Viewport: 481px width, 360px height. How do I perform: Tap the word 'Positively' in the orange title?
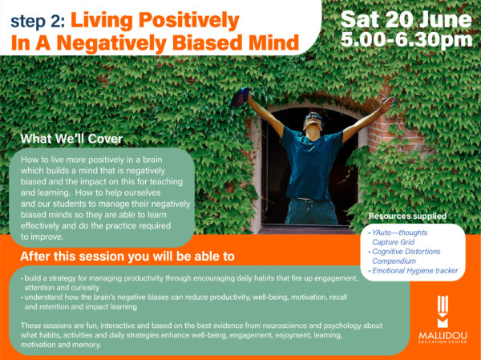tap(188, 20)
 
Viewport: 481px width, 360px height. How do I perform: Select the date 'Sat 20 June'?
tap(406, 19)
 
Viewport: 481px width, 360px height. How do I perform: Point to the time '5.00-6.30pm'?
tap(406, 40)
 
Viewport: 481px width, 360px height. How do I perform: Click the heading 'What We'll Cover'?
tap(71, 139)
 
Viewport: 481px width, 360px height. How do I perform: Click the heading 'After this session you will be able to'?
tap(127, 257)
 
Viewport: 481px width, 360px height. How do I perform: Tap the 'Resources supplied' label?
tap(407, 216)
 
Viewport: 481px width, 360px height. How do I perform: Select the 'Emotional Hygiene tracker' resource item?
tap(414, 271)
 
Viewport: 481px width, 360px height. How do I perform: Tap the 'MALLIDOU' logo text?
tap(443, 335)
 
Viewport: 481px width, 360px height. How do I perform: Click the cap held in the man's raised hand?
tap(240, 97)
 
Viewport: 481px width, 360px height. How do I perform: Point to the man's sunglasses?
tap(313, 117)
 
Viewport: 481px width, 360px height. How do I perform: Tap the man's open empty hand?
tap(387, 103)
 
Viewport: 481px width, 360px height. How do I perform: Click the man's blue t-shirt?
tap(310, 164)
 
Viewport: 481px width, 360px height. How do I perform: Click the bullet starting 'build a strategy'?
tap(189, 283)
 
